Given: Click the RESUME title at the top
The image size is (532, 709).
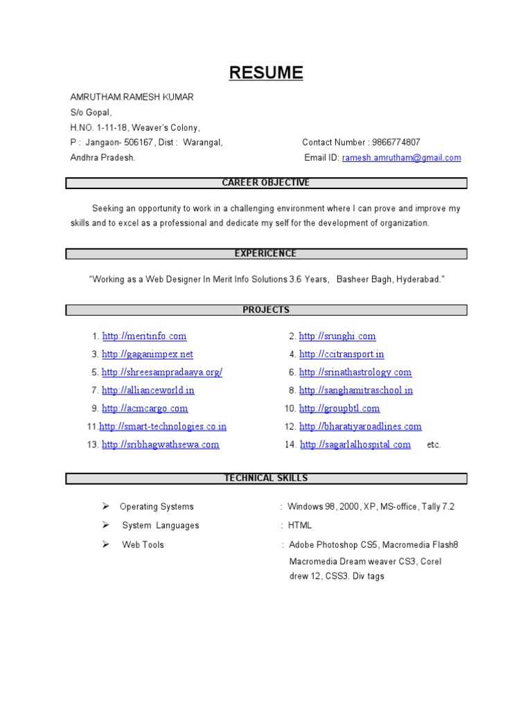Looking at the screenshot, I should point(266,73).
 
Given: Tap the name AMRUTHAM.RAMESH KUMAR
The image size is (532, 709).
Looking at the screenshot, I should point(132,97).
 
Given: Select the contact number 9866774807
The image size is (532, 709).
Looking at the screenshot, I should point(396,143).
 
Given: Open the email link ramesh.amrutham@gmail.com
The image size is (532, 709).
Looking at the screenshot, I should point(401,158).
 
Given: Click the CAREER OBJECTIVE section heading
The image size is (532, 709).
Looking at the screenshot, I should point(266,183).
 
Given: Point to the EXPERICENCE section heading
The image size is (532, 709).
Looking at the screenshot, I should point(266,253).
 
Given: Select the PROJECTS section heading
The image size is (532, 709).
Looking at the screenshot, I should point(266,309).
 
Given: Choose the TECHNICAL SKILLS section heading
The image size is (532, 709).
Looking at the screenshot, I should point(266,478).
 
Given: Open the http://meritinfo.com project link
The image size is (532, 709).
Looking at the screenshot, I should point(144,336).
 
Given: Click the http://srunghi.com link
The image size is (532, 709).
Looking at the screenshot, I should point(337,336).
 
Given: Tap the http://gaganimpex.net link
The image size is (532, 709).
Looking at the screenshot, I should point(147,354).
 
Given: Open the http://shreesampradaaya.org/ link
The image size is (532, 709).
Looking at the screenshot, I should point(162,373).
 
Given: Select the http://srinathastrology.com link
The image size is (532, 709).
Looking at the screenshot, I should point(355,373).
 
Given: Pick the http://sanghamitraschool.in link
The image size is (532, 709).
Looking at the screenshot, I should point(356,391).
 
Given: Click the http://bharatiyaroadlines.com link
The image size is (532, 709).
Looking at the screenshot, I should point(360,427).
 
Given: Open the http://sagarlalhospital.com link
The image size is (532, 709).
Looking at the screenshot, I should point(355,445).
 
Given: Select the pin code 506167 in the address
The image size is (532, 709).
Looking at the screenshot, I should point(150,143).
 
